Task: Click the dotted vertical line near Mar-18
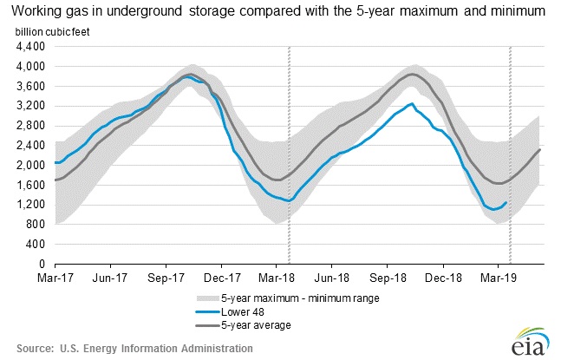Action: [289, 156]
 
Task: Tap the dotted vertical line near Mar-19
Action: [510, 156]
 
